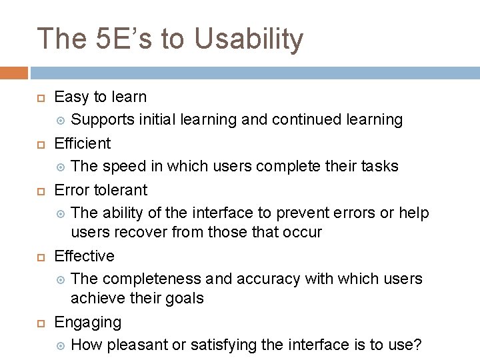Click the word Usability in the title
pyautogui.click(x=249, y=39)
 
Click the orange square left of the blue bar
pyautogui.click(x=13, y=73)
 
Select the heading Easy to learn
pyautogui.click(x=100, y=97)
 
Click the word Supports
pyautogui.click(x=102, y=120)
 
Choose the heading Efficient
pyautogui.click(x=83, y=143)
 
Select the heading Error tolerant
pyautogui.click(x=101, y=190)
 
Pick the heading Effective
pyautogui.click(x=84, y=256)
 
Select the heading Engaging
pyautogui.click(x=87, y=322)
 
